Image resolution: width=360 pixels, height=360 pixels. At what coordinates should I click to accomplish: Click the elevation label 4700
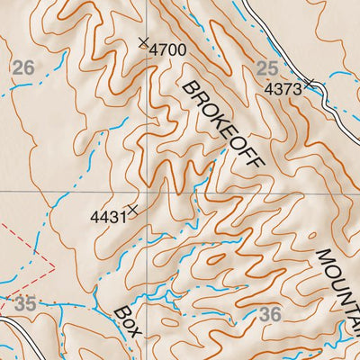167,50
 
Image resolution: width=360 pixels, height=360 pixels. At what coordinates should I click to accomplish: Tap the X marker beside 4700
143,42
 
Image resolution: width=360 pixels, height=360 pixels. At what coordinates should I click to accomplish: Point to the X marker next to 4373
309,84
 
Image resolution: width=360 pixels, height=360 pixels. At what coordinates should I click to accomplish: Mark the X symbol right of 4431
133,210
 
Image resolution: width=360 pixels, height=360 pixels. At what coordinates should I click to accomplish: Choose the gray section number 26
23,67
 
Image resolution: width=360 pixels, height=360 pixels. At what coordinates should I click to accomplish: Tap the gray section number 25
267,68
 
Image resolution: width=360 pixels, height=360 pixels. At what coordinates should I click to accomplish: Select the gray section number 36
270,314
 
